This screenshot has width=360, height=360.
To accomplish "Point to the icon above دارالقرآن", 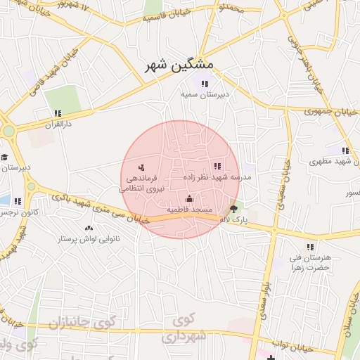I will pyautogui.click(x=58, y=112).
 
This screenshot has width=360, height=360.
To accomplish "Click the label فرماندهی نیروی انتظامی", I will pyautogui.click(x=141, y=184).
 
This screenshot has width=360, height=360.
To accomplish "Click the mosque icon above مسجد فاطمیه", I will pyautogui.click(x=188, y=199).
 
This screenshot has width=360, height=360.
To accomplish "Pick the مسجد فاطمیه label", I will pyautogui.click(x=189, y=210).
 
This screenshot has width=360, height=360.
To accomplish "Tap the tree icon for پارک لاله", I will pyautogui.click(x=234, y=209).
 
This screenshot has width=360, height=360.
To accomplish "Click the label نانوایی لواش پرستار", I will pyautogui.click(x=88, y=239).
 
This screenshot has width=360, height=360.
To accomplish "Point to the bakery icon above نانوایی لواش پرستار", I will pyautogui.click(x=89, y=229).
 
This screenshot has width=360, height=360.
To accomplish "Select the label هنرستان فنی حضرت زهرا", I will pyautogui.click(x=309, y=263).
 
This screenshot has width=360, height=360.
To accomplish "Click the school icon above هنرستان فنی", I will pyautogui.click(x=310, y=247).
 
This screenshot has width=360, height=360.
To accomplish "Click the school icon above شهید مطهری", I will pyautogui.click(x=345, y=150).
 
